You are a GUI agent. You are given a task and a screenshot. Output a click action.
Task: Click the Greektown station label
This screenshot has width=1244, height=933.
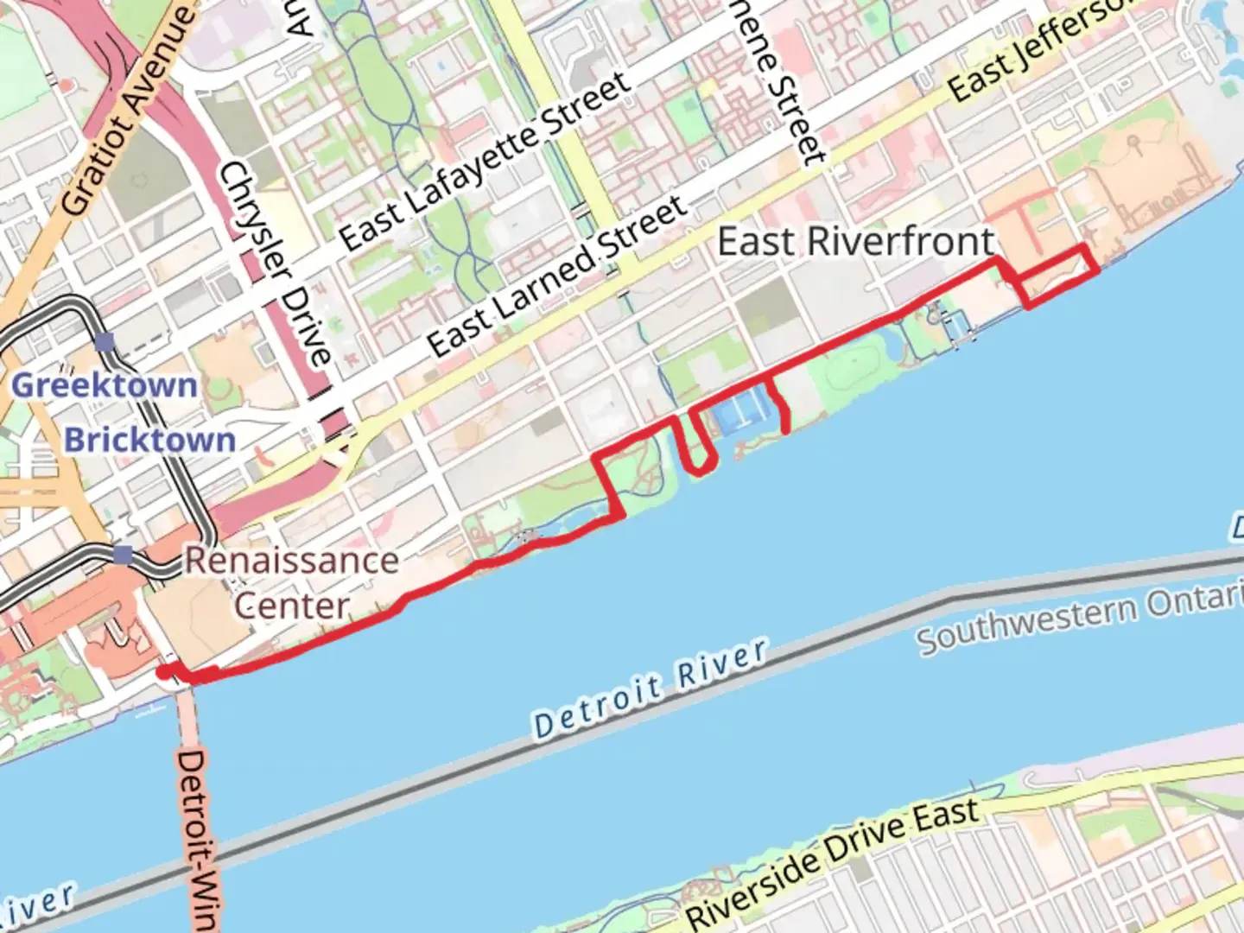tap(104, 384)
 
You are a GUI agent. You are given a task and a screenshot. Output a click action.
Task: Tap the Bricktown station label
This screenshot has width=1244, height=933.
tap(149, 440)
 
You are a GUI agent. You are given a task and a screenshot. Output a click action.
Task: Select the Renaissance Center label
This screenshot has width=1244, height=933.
tap(292, 582)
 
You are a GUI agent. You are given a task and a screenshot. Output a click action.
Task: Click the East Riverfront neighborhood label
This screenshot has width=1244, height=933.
tap(855, 242)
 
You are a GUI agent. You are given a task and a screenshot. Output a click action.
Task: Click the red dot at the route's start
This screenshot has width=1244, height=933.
tap(162, 672)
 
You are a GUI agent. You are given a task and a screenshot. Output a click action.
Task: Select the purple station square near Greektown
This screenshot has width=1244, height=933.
tap(105, 343)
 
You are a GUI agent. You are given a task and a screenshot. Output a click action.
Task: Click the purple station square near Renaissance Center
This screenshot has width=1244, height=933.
tap(124, 555)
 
